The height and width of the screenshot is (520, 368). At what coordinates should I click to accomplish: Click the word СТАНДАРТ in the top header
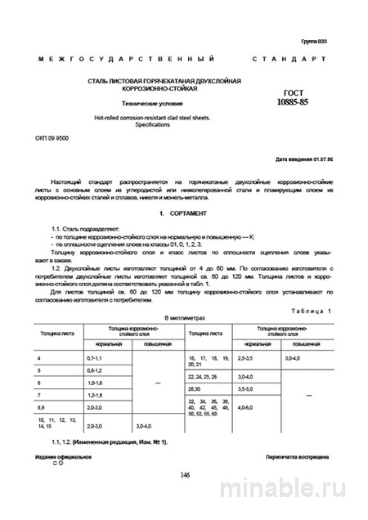click(289, 60)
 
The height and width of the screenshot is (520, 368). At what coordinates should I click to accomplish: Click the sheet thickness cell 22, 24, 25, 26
click(204, 376)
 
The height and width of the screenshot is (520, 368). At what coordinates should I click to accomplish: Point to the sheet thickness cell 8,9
click(44, 406)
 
